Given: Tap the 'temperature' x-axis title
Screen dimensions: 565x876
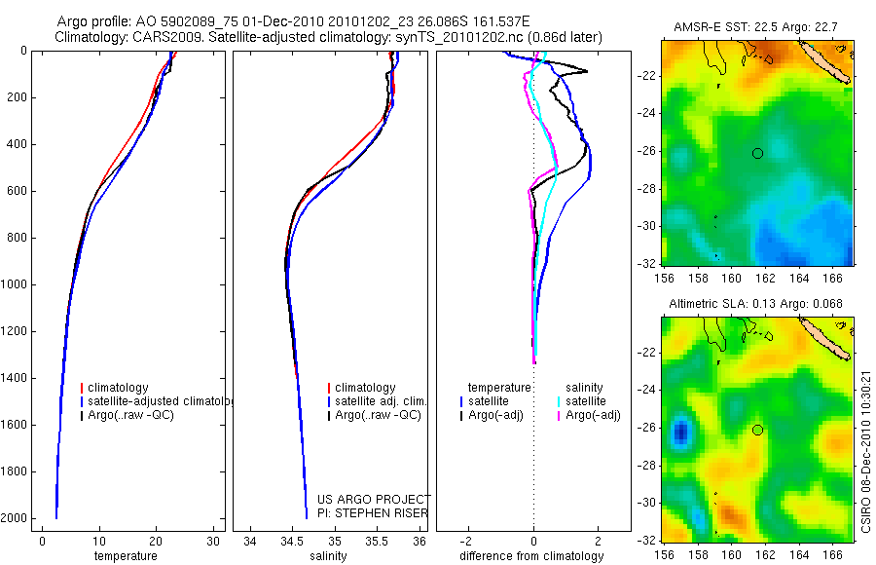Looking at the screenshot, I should (125, 556).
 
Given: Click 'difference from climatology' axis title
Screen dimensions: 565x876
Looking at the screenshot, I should (533, 556).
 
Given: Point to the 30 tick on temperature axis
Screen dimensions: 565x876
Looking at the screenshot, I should (213, 541).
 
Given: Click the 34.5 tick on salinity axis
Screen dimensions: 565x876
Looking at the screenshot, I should (292, 541).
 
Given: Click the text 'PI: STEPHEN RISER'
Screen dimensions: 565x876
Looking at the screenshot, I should (373, 513).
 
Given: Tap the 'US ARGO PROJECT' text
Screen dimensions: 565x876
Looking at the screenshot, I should (373, 500).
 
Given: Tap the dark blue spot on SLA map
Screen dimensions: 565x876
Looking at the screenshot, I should (680, 431).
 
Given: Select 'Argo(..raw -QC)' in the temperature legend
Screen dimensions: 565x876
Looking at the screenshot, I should (128, 416).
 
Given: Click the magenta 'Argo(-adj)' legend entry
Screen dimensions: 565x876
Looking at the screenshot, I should (593, 416).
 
